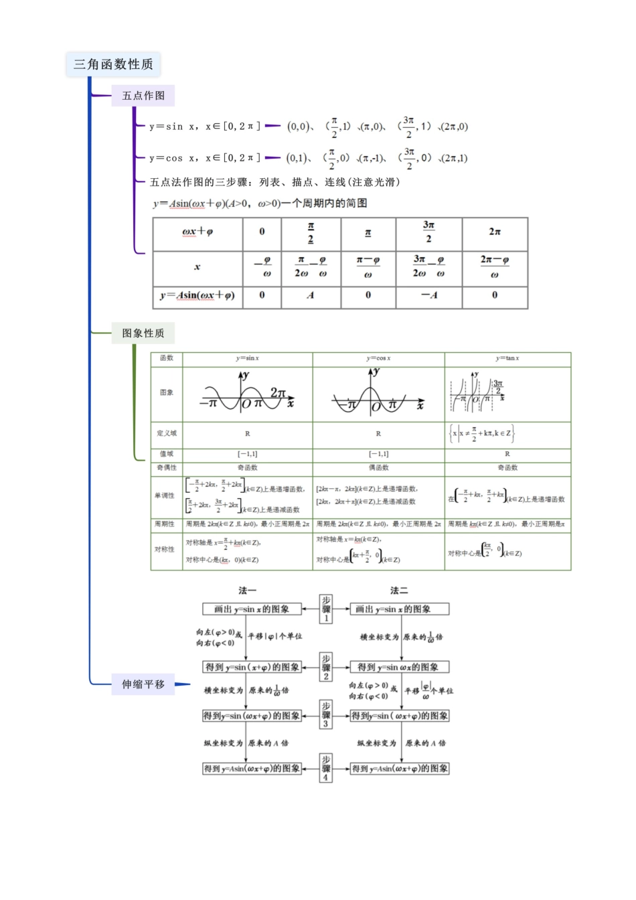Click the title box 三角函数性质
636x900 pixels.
pos(113,64)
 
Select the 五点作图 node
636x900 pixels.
pos(143,96)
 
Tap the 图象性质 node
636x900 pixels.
pos(143,333)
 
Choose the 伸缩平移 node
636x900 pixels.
pos(143,684)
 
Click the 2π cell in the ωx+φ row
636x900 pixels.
pos(495,232)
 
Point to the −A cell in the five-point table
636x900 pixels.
pos(428,295)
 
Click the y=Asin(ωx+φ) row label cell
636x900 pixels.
pos(197,295)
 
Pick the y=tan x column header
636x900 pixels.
pos(507,359)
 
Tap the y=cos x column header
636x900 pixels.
pos(378,359)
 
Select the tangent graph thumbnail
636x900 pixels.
pos(477,392)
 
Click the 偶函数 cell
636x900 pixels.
pos(378,468)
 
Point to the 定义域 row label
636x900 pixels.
pos(167,433)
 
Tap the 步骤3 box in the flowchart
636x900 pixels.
pos(326,715)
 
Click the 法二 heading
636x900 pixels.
pos(399,591)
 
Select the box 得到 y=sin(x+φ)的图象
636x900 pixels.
pos(252,667)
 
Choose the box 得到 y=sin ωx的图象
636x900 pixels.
pos(399,667)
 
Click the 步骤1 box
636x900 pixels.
pos(326,609)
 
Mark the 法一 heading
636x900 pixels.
pos(247,591)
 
